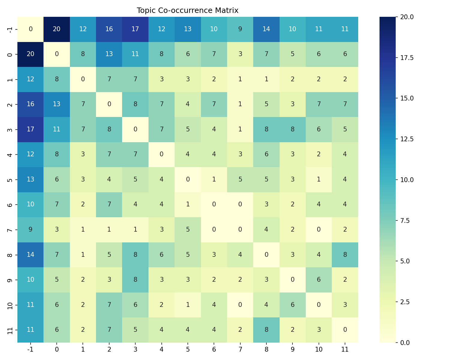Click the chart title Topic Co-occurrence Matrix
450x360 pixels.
[x=187, y=10]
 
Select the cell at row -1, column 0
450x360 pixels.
[x=57, y=29]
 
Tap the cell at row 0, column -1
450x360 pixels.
[x=30, y=54]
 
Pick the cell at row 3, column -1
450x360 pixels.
[x=30, y=129]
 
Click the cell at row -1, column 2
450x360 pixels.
[x=109, y=29]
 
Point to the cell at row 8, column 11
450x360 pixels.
[x=345, y=254]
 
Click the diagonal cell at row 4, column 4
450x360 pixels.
[x=161, y=154]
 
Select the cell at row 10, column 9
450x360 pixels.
[x=292, y=304]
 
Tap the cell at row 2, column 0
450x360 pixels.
[x=57, y=104]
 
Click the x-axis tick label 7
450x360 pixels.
[x=240, y=349]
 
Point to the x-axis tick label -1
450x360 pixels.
[x=30, y=349]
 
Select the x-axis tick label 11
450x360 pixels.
[x=345, y=349]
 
